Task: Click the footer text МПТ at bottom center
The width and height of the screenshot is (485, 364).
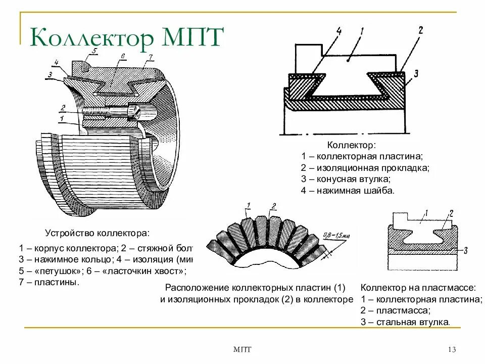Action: (x=243, y=350)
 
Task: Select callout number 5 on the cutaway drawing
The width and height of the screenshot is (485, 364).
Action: (x=94, y=51)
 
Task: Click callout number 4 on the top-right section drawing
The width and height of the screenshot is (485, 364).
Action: (x=338, y=32)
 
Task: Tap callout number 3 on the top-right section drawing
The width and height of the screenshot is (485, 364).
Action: (x=415, y=74)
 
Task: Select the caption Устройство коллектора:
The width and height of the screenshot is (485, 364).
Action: (x=98, y=234)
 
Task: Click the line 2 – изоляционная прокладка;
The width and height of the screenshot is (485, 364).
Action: (x=365, y=167)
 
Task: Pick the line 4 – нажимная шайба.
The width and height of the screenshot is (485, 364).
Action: (x=347, y=191)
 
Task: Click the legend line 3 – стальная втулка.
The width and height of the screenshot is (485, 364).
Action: (x=405, y=322)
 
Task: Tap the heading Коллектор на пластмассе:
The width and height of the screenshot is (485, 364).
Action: (x=418, y=288)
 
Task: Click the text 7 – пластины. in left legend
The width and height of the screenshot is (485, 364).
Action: (x=50, y=282)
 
